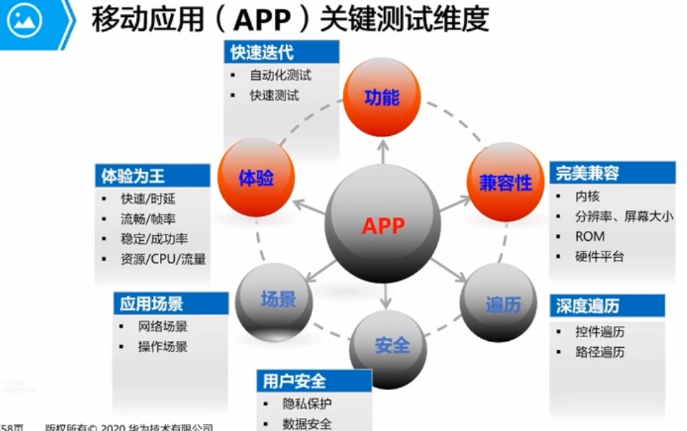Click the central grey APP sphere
[384, 225]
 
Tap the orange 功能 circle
[382, 96]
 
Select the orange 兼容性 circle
[505, 182]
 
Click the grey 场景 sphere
[277, 299]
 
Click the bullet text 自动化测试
[280, 75]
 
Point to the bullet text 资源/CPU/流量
[163, 258]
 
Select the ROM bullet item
[590, 237]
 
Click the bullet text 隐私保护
[307, 404]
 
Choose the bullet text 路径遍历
[600, 351]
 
